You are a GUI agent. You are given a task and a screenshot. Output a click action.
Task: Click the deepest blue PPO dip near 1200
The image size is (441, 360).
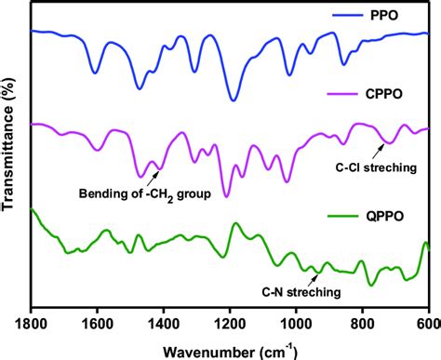(x=233, y=100)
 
